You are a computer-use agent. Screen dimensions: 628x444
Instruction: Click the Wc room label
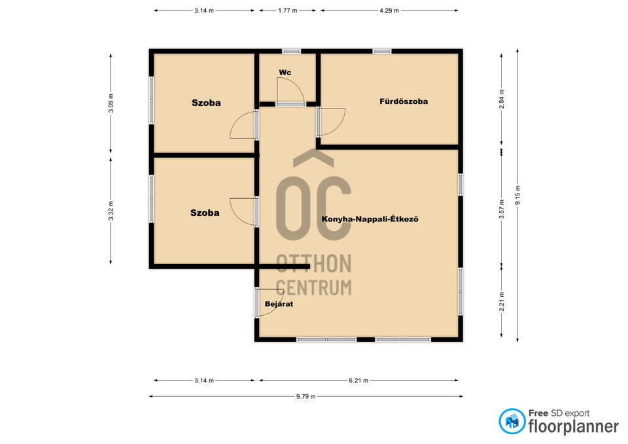[x=285, y=73]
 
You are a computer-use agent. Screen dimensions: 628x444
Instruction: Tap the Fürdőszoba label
[x=404, y=101]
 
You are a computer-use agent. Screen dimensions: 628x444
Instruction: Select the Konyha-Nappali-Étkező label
[x=370, y=219]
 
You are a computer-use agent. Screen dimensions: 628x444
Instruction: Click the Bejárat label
[x=279, y=304]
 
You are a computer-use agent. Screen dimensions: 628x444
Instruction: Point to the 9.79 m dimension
[x=306, y=396]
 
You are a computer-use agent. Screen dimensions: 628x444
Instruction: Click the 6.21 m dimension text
[x=358, y=381]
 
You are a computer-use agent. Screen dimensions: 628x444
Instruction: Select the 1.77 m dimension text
[x=288, y=11]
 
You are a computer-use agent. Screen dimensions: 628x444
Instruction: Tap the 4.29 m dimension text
[x=389, y=11]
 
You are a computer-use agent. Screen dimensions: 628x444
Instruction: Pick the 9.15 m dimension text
[x=517, y=196]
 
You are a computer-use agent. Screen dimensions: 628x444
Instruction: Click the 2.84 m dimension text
[x=502, y=99]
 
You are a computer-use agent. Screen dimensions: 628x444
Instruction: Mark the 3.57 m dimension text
[x=502, y=209]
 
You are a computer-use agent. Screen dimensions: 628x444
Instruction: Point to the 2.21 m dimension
[x=502, y=301]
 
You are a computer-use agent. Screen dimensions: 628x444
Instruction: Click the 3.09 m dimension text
[x=111, y=103]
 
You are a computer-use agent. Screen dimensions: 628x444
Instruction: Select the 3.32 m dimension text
[x=111, y=211]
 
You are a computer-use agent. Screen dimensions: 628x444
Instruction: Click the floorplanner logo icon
[x=512, y=421]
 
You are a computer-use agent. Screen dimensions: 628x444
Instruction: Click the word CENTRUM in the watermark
[x=314, y=288]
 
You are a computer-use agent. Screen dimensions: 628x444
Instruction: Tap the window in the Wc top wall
[x=291, y=51]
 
